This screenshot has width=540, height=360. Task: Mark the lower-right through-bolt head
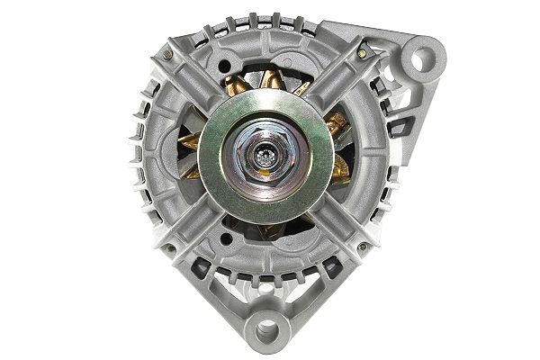(x=361, y=245)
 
